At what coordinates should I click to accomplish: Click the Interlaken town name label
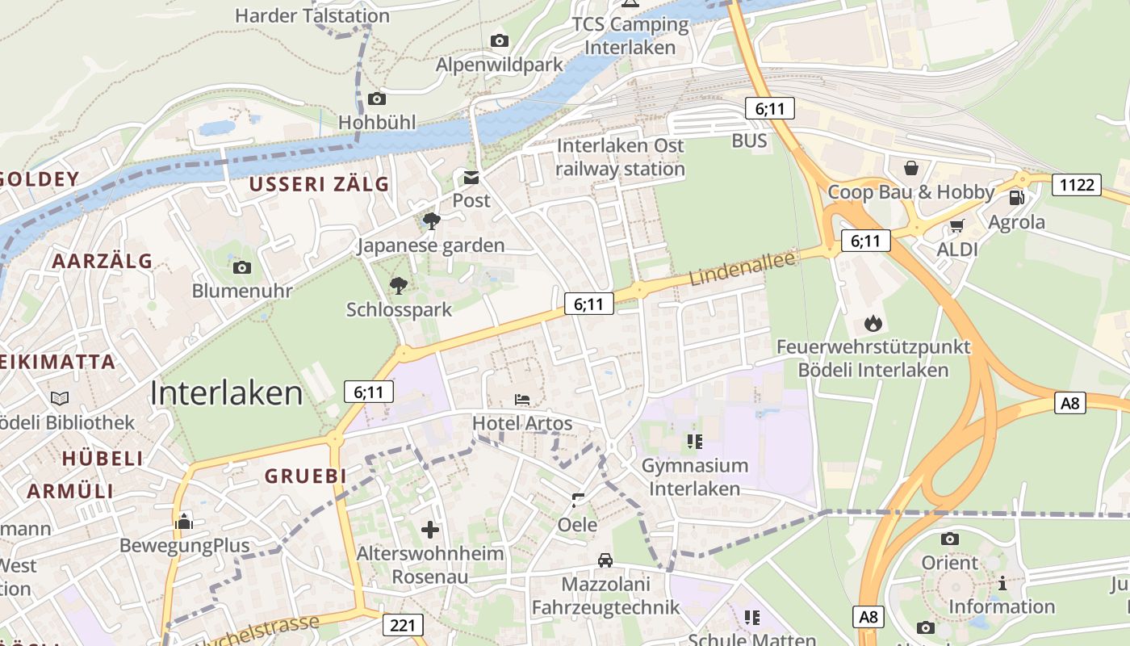click(x=227, y=393)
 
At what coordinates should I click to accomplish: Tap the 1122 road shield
click(x=1077, y=185)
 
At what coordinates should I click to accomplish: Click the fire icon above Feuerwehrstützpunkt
click(x=873, y=324)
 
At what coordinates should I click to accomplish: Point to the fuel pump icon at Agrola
click(x=1017, y=198)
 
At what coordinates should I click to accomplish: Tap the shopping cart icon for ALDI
click(x=957, y=225)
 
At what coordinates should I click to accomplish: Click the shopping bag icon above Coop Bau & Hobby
click(x=911, y=168)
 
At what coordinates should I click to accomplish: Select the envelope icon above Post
click(x=471, y=178)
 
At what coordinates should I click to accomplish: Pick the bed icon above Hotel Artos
click(x=522, y=400)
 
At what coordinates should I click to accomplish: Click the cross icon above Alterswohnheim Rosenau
click(x=430, y=530)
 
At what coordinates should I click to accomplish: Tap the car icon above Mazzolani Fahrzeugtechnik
click(x=605, y=560)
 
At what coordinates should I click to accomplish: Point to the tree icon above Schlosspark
click(x=399, y=285)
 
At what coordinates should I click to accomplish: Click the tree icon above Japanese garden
click(x=431, y=220)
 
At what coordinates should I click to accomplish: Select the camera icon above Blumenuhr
click(x=241, y=267)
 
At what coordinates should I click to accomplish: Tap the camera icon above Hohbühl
click(x=376, y=99)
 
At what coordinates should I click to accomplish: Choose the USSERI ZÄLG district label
click(x=319, y=184)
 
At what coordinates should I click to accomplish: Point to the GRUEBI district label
click(x=306, y=476)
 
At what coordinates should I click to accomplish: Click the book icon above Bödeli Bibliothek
click(x=60, y=398)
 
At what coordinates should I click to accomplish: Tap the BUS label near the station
click(x=749, y=141)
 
